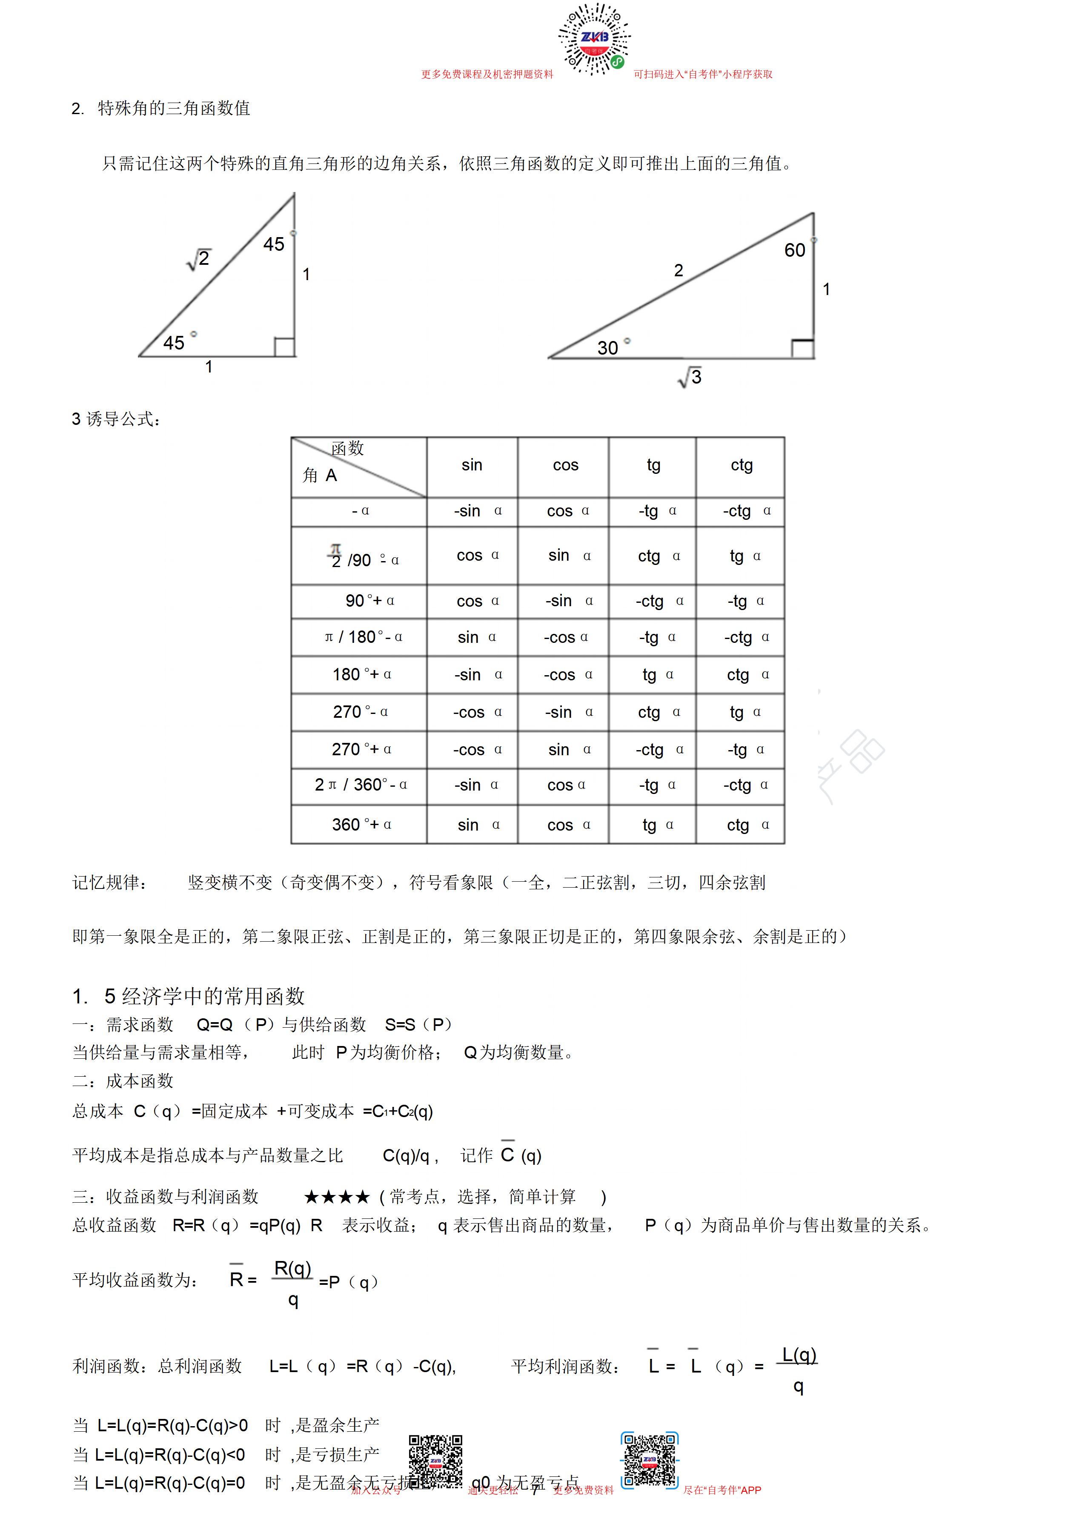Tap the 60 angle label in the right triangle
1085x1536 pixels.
795,250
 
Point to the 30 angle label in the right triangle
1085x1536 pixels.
608,348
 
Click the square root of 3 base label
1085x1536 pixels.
690,377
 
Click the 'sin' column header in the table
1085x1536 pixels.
472,465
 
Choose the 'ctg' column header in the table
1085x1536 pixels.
741,465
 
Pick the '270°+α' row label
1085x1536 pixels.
362,749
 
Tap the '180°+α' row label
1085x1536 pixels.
362,674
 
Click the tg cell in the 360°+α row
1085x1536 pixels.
658,825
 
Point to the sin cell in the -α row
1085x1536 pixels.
477,511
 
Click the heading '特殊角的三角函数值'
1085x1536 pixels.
174,109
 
